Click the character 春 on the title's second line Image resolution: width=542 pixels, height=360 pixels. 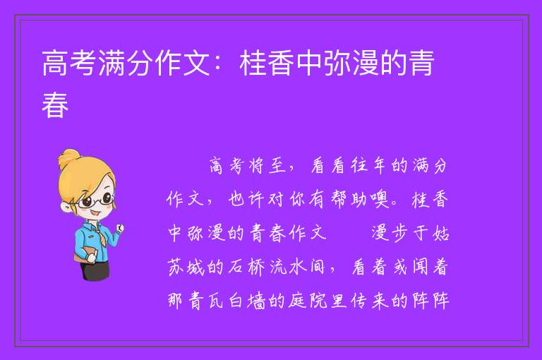[55, 104]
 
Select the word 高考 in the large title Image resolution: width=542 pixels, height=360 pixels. [68, 63]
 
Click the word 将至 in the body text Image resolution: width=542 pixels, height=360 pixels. [267, 166]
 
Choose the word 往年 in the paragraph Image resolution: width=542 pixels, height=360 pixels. [370, 166]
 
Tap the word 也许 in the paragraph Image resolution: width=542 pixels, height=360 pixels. [246, 199]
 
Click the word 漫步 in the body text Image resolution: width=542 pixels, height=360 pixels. [390, 233]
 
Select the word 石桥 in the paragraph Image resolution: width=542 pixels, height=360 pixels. [246, 267]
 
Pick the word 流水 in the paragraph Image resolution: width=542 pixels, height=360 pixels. [288, 267]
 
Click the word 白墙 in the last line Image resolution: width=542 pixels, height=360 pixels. [246, 301]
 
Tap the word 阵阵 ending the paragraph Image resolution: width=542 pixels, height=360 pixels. [430, 301]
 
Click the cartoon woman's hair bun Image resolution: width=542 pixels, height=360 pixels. [68, 158]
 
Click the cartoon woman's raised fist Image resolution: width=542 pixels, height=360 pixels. [119, 228]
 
